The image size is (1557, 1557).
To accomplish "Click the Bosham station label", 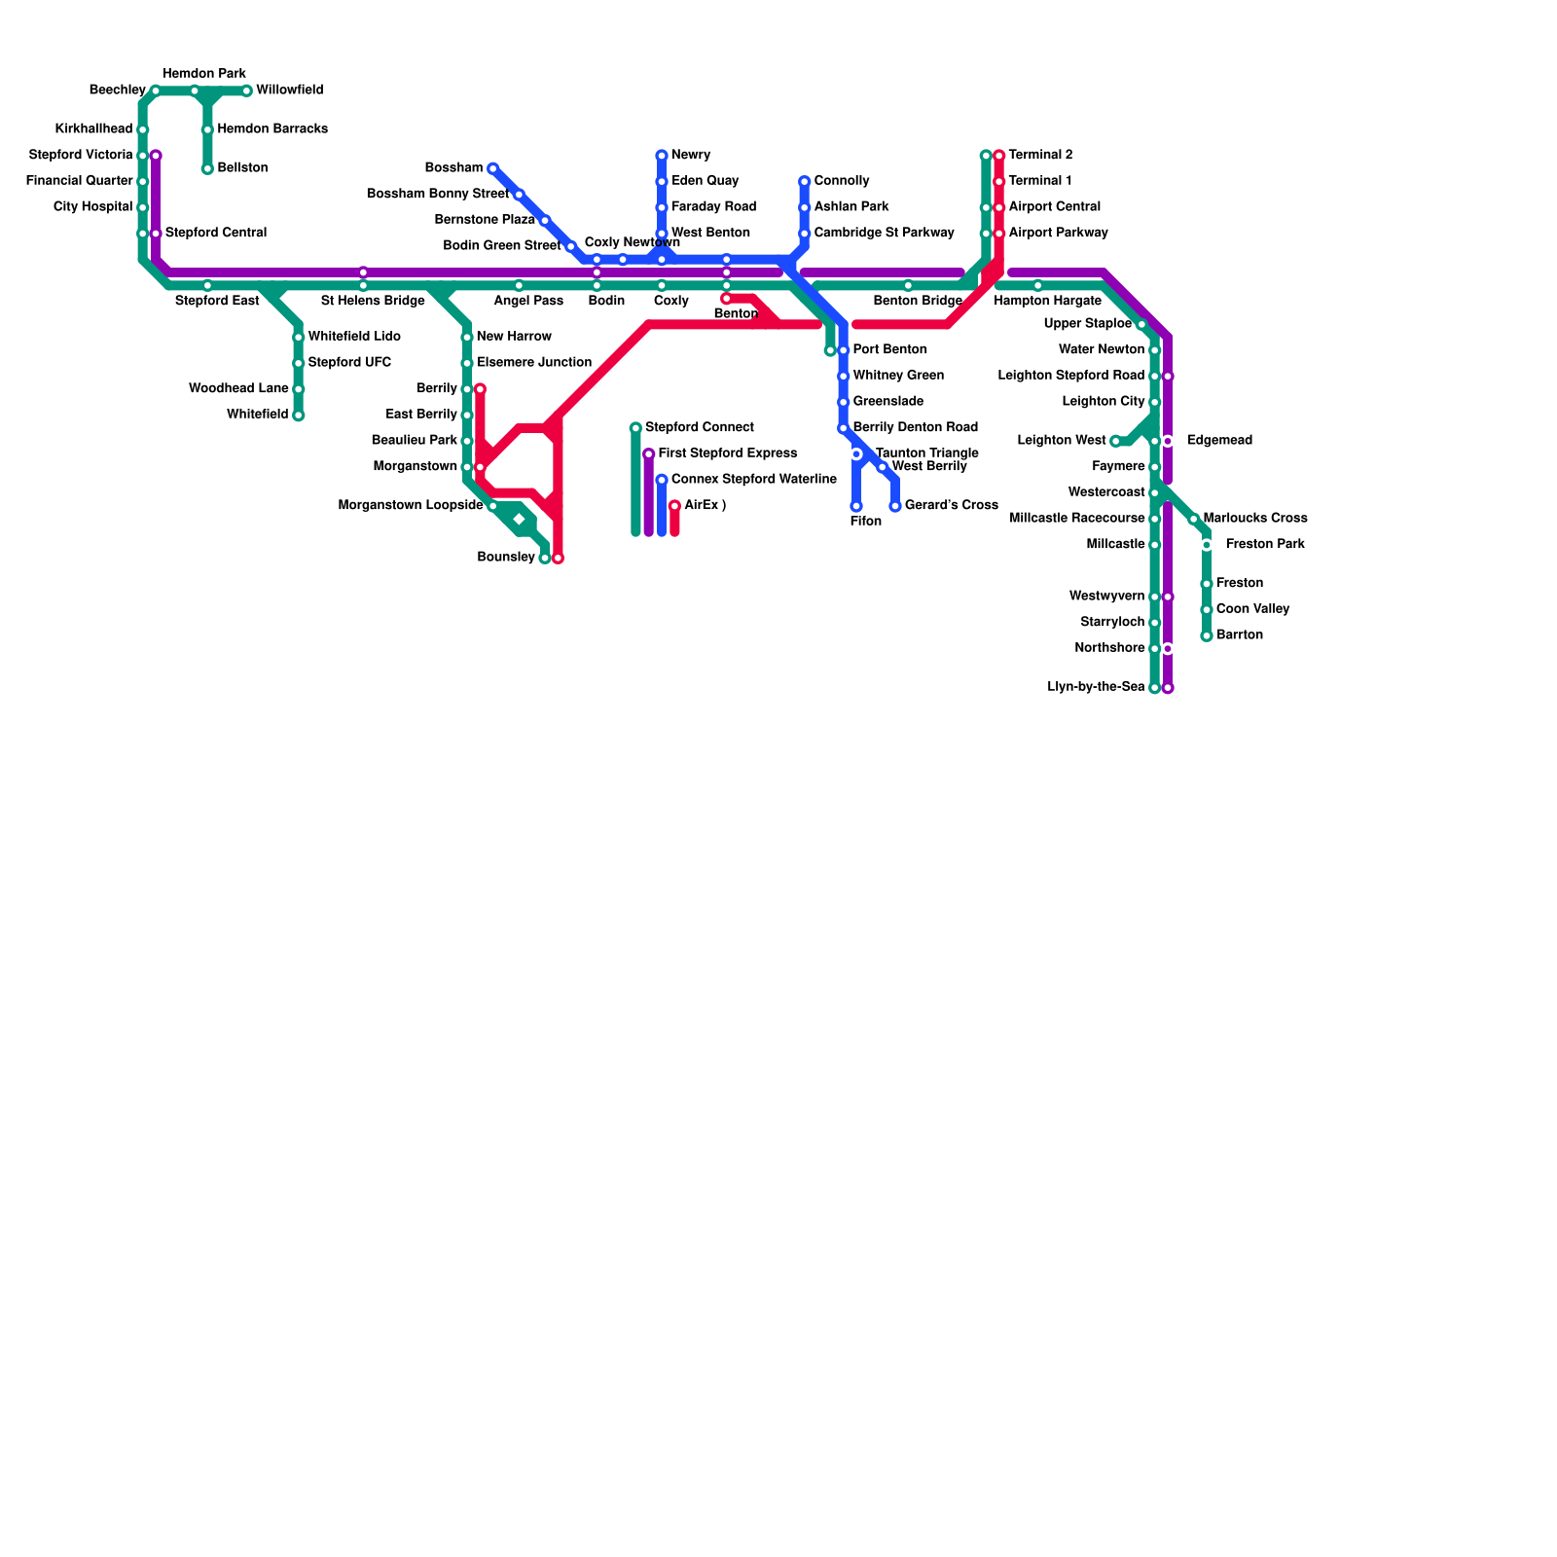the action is coord(453,168).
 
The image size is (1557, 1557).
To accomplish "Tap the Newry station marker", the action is coord(662,156).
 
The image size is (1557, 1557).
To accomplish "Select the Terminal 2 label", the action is coord(1040,156).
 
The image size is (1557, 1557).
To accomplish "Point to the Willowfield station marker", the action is coord(246,91).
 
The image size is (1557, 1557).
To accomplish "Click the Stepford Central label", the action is coord(215,234).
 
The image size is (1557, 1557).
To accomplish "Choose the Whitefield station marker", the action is coord(299,416).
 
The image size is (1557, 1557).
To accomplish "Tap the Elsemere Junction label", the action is coord(533,363).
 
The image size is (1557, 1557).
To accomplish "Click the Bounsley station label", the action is coord(505,558).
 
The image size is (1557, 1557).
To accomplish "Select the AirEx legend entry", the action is coord(705,506).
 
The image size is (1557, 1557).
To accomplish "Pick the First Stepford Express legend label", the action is coord(727,453).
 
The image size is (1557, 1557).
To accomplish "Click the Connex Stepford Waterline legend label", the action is coord(753,480).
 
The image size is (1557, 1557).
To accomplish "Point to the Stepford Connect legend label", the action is coord(699,428).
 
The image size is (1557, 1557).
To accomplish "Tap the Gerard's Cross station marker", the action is coord(895,506).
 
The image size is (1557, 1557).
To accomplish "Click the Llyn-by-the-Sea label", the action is coord(1096,687).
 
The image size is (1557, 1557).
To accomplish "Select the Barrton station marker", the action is coord(1207,636).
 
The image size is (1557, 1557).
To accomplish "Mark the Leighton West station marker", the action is coord(1115,442).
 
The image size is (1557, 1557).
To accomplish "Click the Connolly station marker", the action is coord(805,182).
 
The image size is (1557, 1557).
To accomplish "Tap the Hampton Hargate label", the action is coord(1047,302).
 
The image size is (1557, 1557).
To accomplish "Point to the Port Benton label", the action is coord(889,350).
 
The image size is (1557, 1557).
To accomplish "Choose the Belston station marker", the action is coord(207,169).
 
